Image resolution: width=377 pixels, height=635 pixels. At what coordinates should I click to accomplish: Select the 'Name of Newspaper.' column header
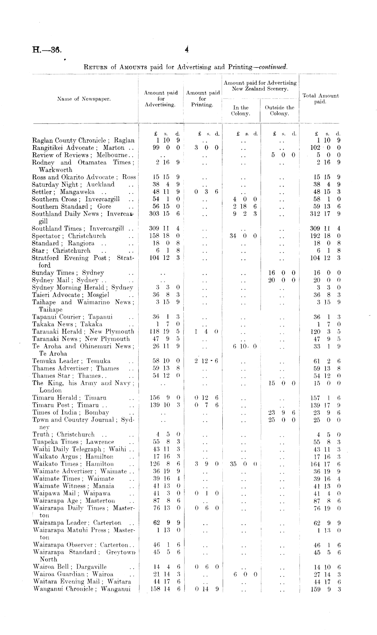[x=84, y=99]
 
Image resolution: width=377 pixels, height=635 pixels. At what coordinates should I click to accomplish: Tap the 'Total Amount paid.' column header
[x=320, y=99]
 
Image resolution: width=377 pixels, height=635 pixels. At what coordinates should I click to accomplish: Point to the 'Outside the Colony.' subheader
[x=280, y=110]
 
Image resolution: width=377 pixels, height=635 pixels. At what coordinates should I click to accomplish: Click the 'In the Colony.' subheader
[x=240, y=110]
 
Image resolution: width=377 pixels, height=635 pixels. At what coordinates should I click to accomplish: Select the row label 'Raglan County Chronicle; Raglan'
[x=83, y=140]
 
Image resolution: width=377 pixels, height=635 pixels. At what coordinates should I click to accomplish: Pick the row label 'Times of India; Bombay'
[x=70, y=412]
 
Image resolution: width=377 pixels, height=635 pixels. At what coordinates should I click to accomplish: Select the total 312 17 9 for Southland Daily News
[x=325, y=214]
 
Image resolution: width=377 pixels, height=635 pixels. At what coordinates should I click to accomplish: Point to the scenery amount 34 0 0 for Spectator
[x=243, y=236]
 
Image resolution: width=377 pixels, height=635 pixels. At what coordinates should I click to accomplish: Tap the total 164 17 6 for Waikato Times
[x=325, y=464]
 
